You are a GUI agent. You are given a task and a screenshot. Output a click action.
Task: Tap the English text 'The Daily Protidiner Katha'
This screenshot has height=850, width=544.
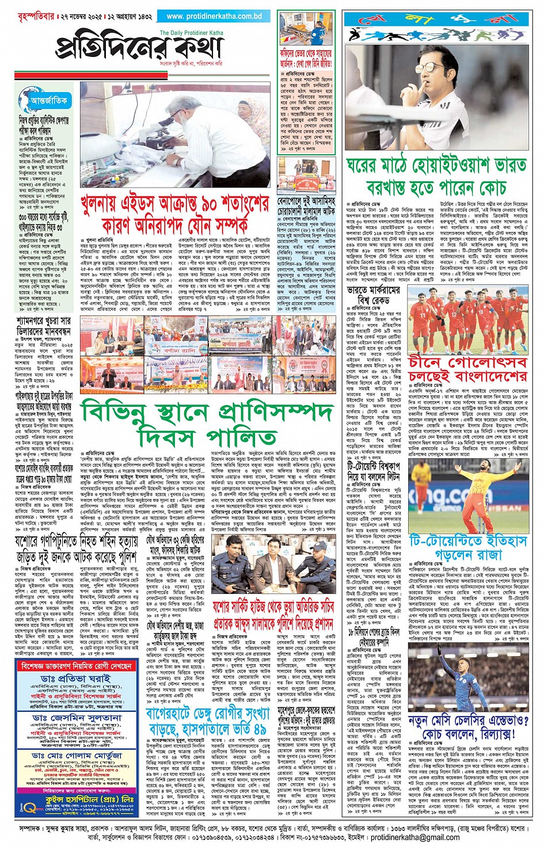tap(191, 33)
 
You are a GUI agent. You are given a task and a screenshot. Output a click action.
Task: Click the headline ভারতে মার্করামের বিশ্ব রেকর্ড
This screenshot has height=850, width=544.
tap(374, 295)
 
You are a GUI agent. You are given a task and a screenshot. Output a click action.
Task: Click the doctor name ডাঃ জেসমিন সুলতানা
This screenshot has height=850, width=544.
tap(77, 719)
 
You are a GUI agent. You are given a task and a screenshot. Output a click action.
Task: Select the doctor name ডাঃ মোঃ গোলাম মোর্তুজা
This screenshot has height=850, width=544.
tap(77, 755)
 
